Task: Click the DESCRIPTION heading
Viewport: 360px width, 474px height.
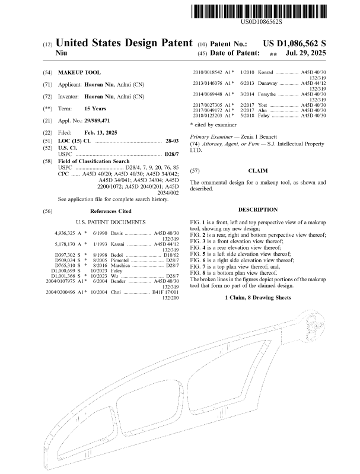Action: (x=257, y=209)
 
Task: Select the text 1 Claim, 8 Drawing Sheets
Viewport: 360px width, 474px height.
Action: (x=258, y=297)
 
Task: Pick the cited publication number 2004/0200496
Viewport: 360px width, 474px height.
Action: (x=62, y=292)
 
